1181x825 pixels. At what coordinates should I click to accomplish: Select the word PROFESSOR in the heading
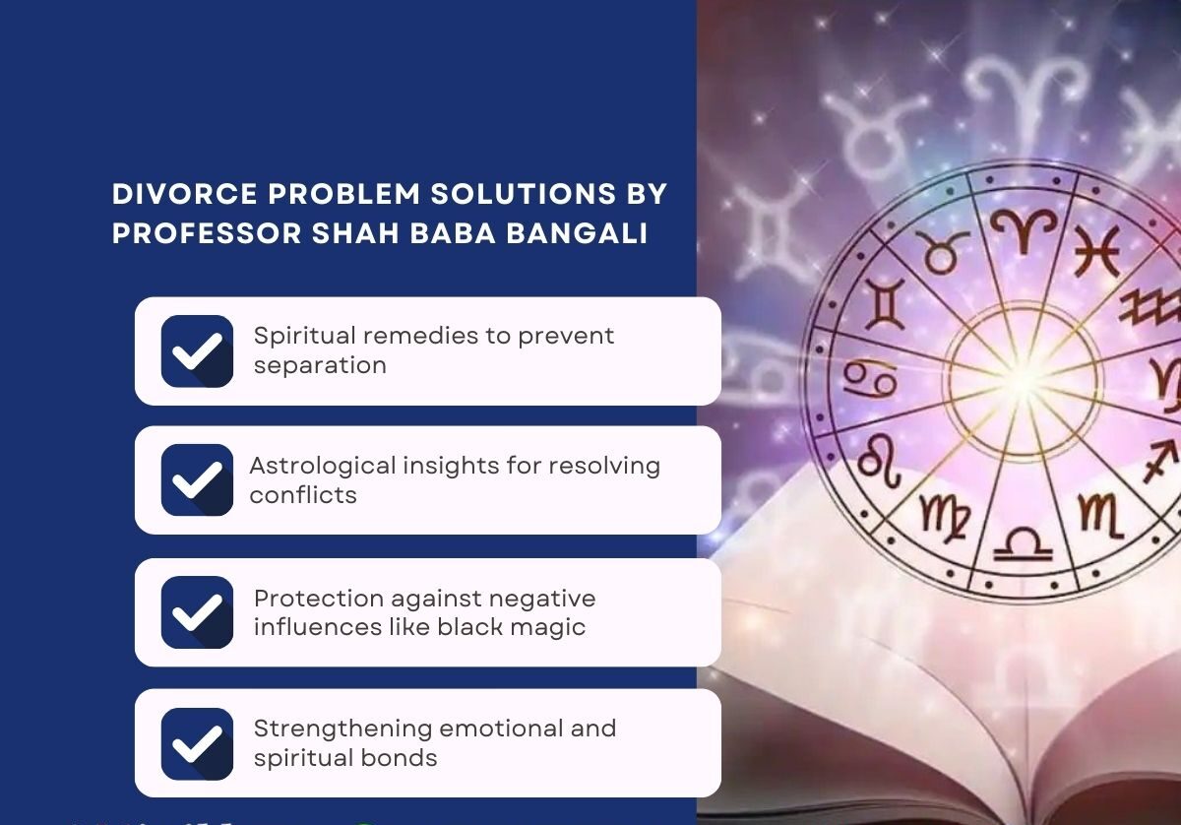(x=207, y=233)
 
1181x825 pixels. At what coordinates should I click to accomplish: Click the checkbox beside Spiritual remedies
(x=197, y=351)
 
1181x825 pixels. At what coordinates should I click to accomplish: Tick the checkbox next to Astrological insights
(x=197, y=480)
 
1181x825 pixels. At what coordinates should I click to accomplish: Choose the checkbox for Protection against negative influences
(x=197, y=612)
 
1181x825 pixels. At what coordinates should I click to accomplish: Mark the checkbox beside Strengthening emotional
(x=197, y=743)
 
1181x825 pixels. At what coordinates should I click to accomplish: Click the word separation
(x=320, y=366)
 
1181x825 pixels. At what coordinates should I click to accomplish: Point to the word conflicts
(x=303, y=495)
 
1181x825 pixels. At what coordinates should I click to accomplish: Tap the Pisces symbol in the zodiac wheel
(x=1097, y=252)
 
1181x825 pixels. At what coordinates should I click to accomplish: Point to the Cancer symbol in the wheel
(x=870, y=379)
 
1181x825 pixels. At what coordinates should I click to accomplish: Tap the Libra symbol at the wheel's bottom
(x=1023, y=544)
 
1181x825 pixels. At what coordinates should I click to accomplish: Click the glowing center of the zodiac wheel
(x=1024, y=381)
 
